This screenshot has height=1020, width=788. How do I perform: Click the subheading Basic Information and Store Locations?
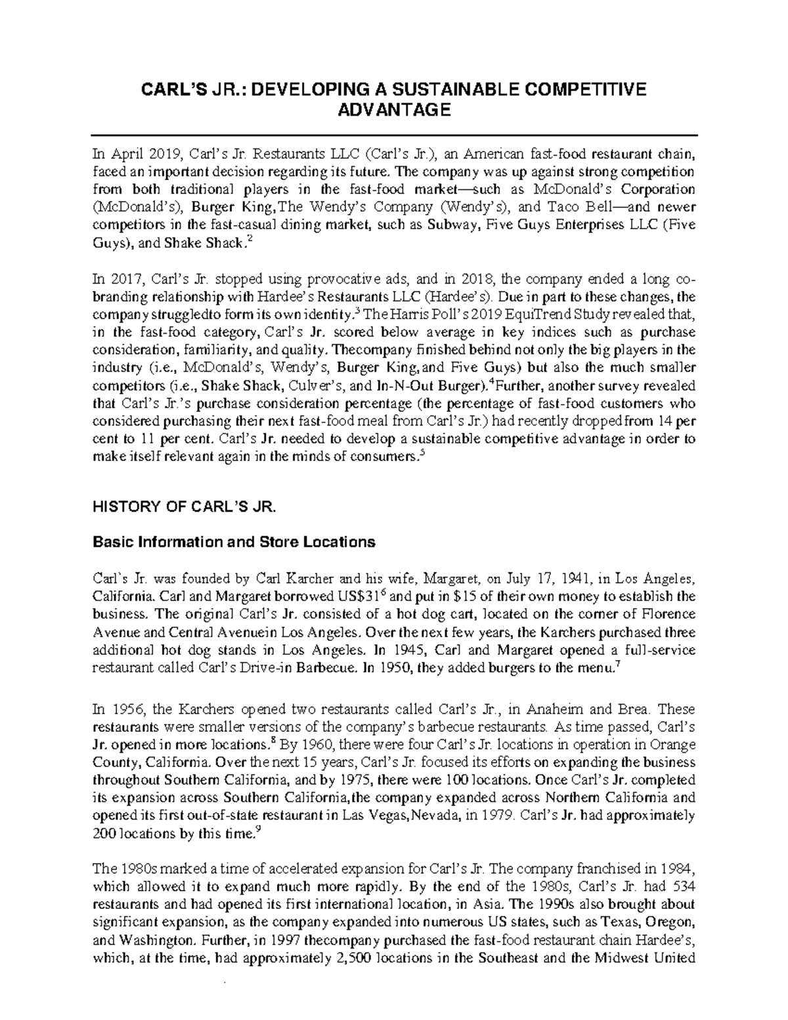pos(234,542)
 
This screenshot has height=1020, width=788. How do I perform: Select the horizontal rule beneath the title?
pos(394,134)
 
